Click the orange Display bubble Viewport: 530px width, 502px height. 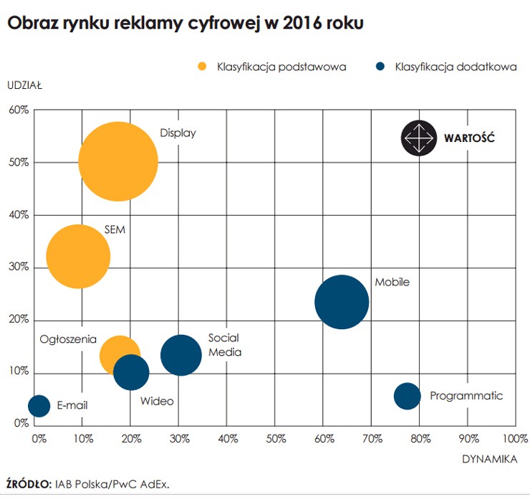(117, 161)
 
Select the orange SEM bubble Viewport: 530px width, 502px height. (78, 256)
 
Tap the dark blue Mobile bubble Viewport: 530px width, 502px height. (342, 302)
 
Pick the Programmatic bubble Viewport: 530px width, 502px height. (407, 396)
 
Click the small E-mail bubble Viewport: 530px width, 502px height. (39, 405)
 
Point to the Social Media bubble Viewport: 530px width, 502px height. (180, 354)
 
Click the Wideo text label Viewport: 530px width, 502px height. (157, 401)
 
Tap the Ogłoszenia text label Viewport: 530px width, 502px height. (68, 338)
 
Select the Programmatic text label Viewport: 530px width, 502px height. (466, 396)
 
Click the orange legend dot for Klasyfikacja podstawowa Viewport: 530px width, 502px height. (202, 67)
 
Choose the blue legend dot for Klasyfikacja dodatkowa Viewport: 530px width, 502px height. (380, 67)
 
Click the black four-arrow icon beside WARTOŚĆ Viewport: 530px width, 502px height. (418, 138)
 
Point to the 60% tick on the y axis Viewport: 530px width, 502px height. (19, 110)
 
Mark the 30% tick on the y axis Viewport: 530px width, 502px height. (19, 267)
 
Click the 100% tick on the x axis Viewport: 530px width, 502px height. (514, 437)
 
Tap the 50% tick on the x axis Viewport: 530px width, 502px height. (275, 437)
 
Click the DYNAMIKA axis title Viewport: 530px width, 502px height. (488, 460)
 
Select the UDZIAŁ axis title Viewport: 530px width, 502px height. (25, 85)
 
